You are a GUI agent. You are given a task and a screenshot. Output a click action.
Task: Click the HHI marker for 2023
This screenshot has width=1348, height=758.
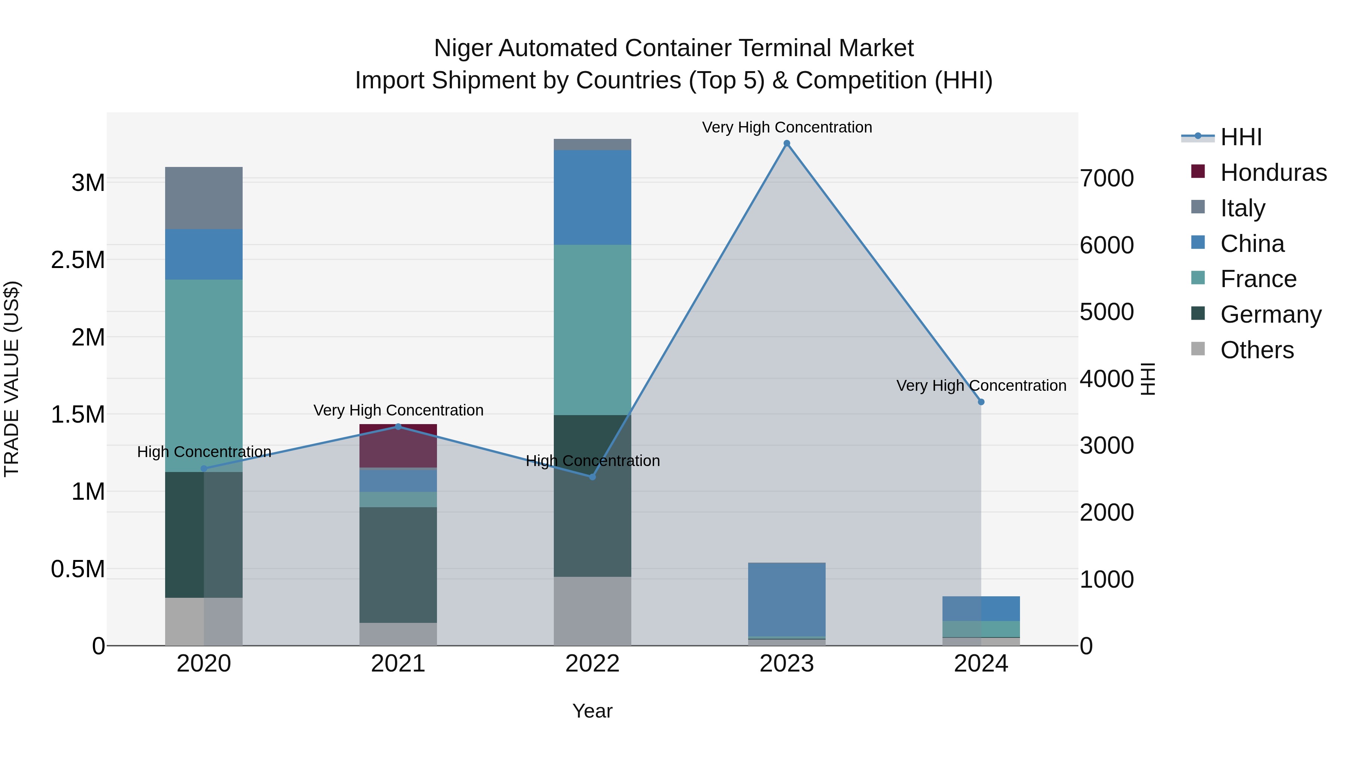[x=786, y=143]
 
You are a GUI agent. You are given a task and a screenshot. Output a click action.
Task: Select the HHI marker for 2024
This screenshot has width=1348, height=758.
[x=981, y=402]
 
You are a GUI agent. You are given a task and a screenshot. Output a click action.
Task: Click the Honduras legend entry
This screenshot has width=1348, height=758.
[x=1273, y=173]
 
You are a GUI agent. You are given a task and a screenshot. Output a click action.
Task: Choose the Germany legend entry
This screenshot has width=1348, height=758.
[x=1270, y=314]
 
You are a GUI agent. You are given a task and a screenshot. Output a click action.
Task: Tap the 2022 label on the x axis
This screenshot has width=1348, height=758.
[x=592, y=664]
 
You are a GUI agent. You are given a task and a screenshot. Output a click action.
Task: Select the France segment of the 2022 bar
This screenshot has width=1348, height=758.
[x=592, y=329]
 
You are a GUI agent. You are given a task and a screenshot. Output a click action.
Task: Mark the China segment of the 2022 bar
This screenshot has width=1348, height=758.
[x=592, y=197]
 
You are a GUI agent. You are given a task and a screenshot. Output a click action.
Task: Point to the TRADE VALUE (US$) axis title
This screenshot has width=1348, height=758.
[x=12, y=379]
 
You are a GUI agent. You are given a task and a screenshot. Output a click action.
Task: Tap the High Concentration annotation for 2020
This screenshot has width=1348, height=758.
[x=204, y=452]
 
